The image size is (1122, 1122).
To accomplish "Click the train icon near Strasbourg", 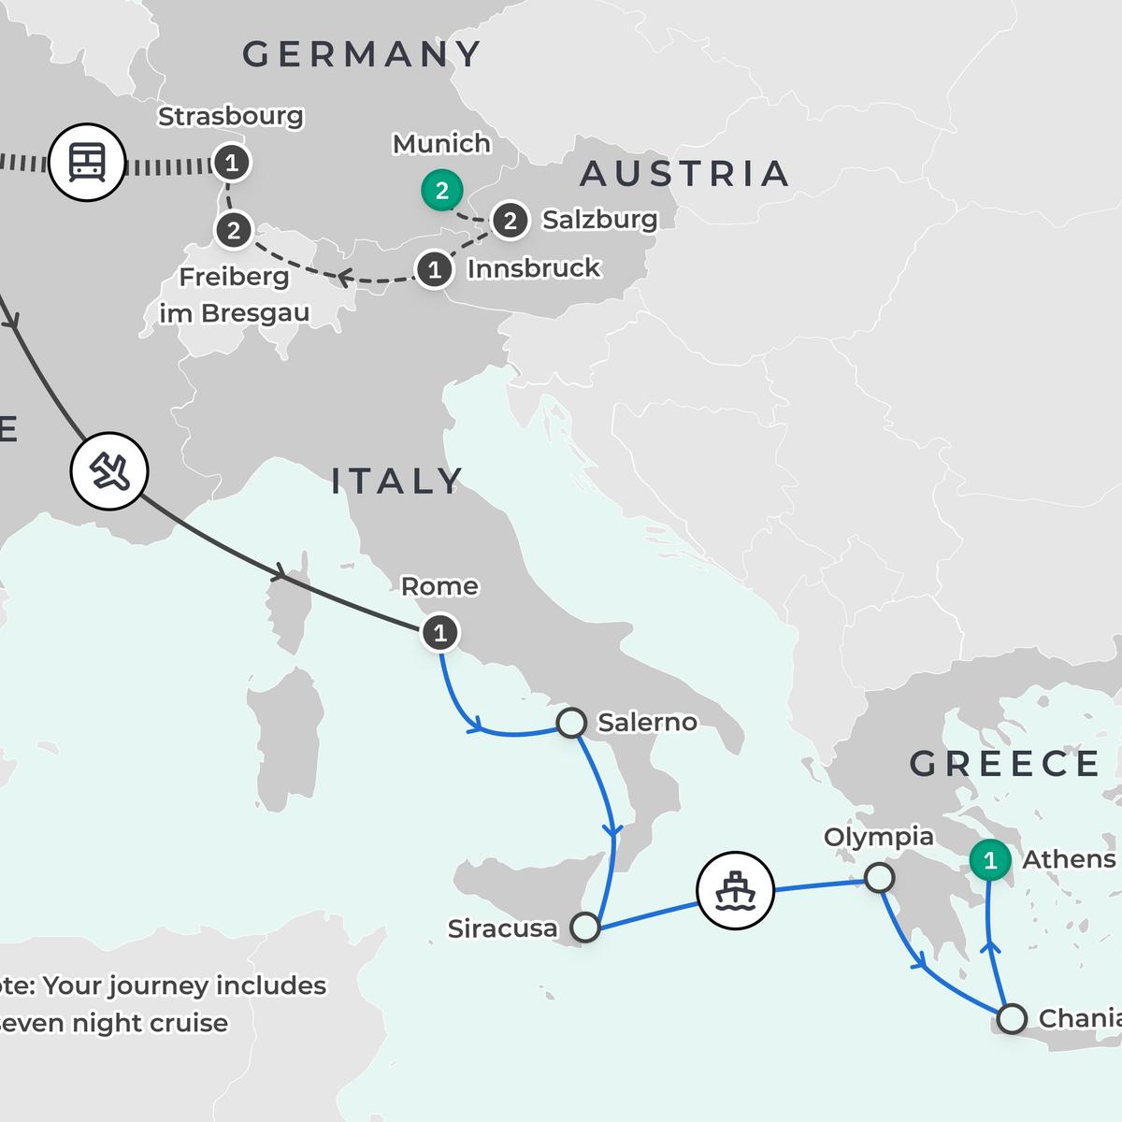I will tap(86, 164).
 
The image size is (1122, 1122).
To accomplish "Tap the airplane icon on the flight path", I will tap(109, 471).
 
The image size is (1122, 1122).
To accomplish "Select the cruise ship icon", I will tap(736, 890).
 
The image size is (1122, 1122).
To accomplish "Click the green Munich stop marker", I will tap(441, 191).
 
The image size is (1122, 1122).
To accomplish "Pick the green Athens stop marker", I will tap(990, 859).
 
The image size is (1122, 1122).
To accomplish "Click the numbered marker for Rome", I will tap(439, 633).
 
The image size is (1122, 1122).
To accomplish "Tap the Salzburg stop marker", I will tap(510, 221).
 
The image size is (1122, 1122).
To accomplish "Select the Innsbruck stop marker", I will tap(434, 270).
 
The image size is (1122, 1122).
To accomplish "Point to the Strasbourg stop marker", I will tap(231, 163).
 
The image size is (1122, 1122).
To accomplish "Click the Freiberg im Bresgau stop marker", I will tap(234, 229).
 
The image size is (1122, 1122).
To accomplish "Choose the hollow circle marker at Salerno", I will tap(571, 723).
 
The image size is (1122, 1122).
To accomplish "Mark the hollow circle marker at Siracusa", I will tap(585, 927).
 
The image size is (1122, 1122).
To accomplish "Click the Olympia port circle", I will tap(879, 878).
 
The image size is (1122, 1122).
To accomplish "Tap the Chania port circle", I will tap(1012, 1018).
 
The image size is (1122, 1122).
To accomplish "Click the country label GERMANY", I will tap(362, 54).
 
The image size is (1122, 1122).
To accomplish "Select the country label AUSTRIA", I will tap(684, 174).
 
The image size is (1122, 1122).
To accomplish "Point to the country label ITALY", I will tap(397, 482).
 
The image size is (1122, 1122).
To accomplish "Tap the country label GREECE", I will tap(1005, 764).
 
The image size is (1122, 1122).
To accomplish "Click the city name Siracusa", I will tap(502, 928).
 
